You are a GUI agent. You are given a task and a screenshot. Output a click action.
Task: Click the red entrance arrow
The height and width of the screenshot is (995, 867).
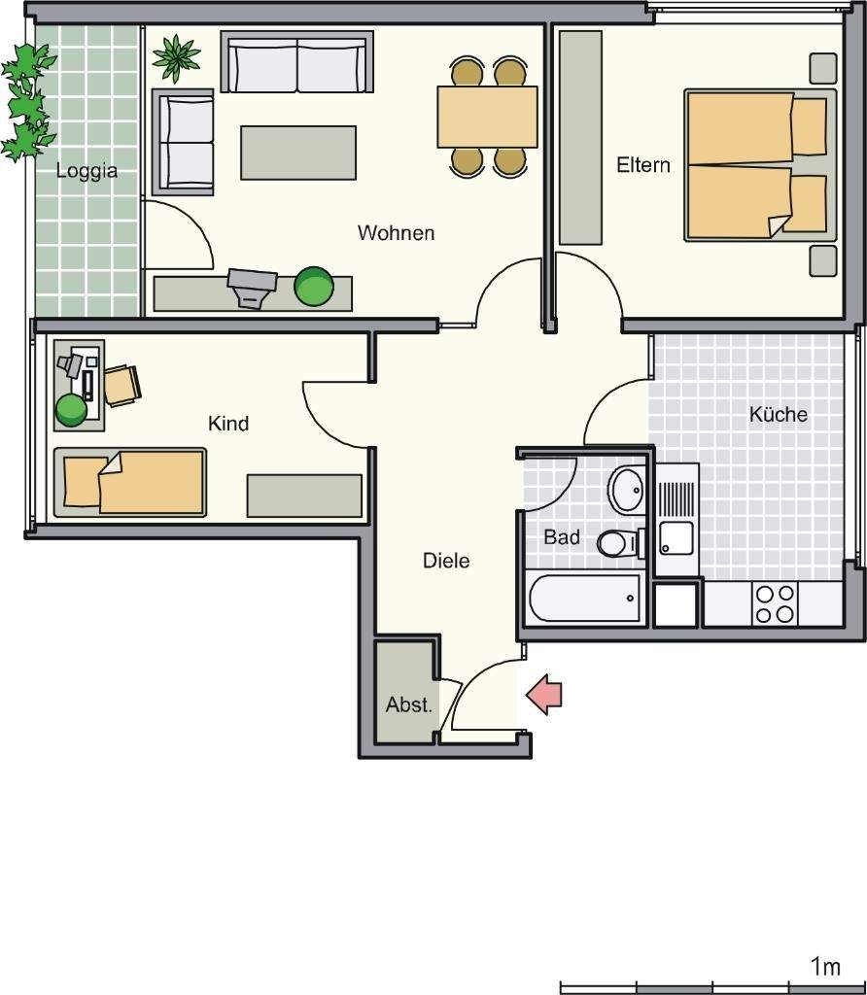[x=544, y=695]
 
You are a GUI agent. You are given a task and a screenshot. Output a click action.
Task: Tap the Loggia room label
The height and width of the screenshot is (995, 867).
[x=87, y=171]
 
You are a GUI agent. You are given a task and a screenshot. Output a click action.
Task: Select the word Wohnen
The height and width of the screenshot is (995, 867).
[x=396, y=233]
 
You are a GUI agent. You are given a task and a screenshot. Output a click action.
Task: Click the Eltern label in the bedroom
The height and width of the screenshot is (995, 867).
[x=643, y=165]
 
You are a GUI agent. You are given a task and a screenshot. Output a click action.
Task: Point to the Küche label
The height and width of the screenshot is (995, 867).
[x=779, y=414]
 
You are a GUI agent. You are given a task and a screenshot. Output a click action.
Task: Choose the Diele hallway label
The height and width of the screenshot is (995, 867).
[x=446, y=561]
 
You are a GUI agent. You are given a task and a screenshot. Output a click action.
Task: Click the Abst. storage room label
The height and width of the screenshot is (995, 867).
[x=409, y=704]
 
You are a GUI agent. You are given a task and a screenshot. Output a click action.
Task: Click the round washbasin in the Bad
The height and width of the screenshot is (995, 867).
[x=627, y=489]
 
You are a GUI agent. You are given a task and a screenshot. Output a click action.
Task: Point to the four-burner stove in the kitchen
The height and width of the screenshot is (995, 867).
[x=775, y=602]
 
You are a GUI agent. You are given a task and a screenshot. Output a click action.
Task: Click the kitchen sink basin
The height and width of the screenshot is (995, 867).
[x=676, y=538]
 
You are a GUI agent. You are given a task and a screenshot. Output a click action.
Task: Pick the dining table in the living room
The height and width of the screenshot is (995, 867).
[x=488, y=118]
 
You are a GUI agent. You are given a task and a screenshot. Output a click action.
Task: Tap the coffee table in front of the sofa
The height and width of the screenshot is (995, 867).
[x=298, y=153]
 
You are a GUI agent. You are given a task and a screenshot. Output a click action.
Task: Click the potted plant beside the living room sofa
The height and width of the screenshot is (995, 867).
[x=176, y=58]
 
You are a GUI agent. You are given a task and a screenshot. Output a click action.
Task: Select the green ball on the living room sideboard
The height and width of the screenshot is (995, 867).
[x=314, y=287]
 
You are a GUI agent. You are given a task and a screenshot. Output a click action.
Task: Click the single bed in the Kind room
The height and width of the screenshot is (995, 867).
[x=130, y=482]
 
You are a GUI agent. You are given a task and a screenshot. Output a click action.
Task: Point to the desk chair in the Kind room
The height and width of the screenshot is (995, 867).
[x=121, y=385]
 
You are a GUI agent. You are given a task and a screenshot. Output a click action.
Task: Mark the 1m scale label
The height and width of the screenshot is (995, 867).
[x=826, y=967]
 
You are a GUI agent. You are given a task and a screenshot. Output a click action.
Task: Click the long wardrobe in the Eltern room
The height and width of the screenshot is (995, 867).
[x=580, y=137]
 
